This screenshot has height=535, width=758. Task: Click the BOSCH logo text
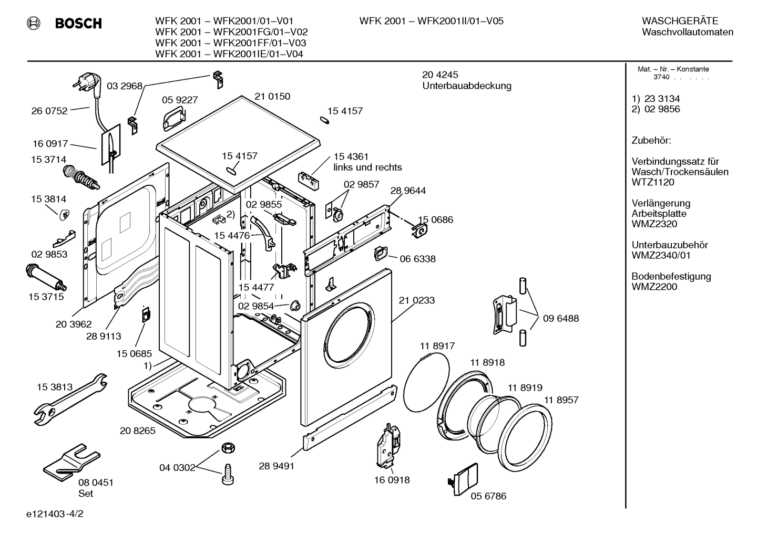(x=78, y=23)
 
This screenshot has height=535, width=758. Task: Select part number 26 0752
(x=49, y=111)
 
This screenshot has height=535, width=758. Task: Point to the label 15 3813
(x=55, y=387)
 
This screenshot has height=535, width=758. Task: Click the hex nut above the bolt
(x=227, y=448)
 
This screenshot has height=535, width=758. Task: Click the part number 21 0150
(x=272, y=97)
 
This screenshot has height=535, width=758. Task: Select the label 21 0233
(x=417, y=300)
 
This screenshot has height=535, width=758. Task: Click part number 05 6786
(x=488, y=496)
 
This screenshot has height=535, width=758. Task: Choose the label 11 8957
(x=561, y=400)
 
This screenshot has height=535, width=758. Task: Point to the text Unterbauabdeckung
(x=467, y=86)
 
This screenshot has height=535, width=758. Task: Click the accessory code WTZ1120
(x=653, y=182)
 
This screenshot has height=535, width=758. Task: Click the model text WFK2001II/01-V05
(x=460, y=21)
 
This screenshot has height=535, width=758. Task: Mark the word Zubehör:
(x=651, y=140)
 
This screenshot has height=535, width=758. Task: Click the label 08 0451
(x=96, y=482)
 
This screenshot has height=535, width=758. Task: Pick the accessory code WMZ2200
(x=654, y=287)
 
